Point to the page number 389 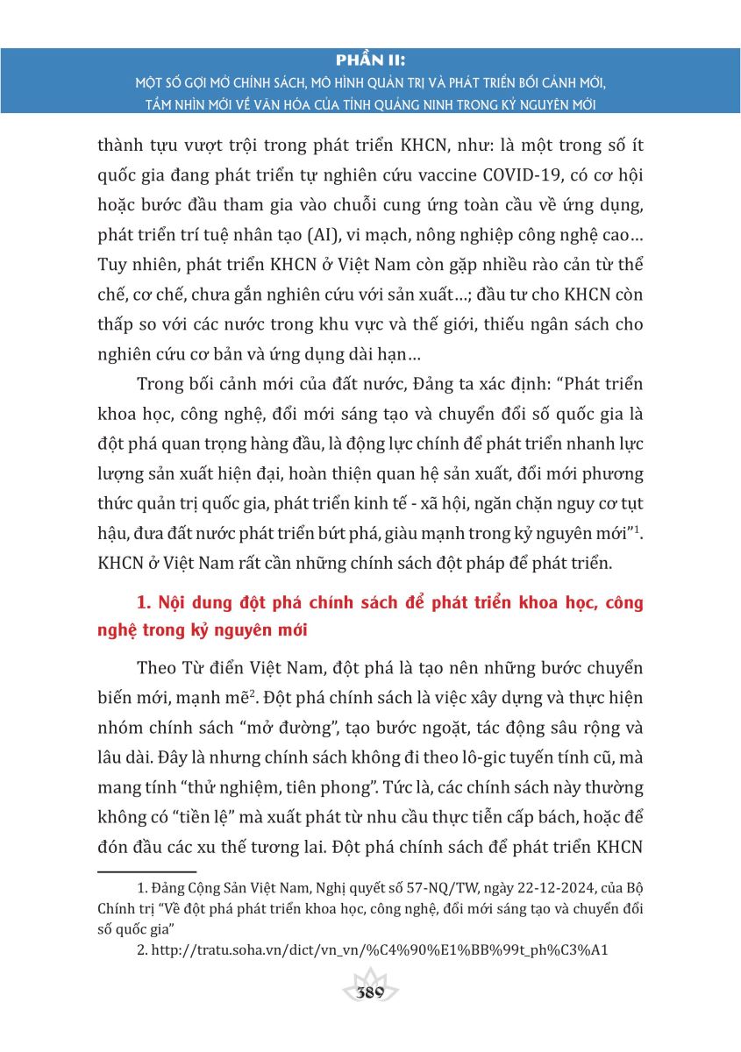coord(370,993)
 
